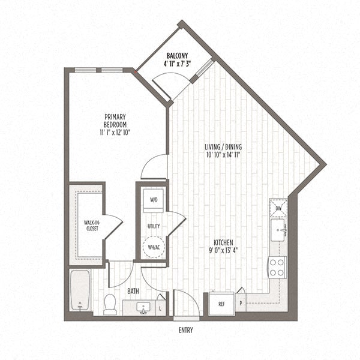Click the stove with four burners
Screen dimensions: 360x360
[277, 267]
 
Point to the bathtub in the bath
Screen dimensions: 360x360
[80, 290]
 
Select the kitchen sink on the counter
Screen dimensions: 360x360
[278, 229]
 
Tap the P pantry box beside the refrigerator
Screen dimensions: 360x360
[241, 301]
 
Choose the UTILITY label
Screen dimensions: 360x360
[154, 226]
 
